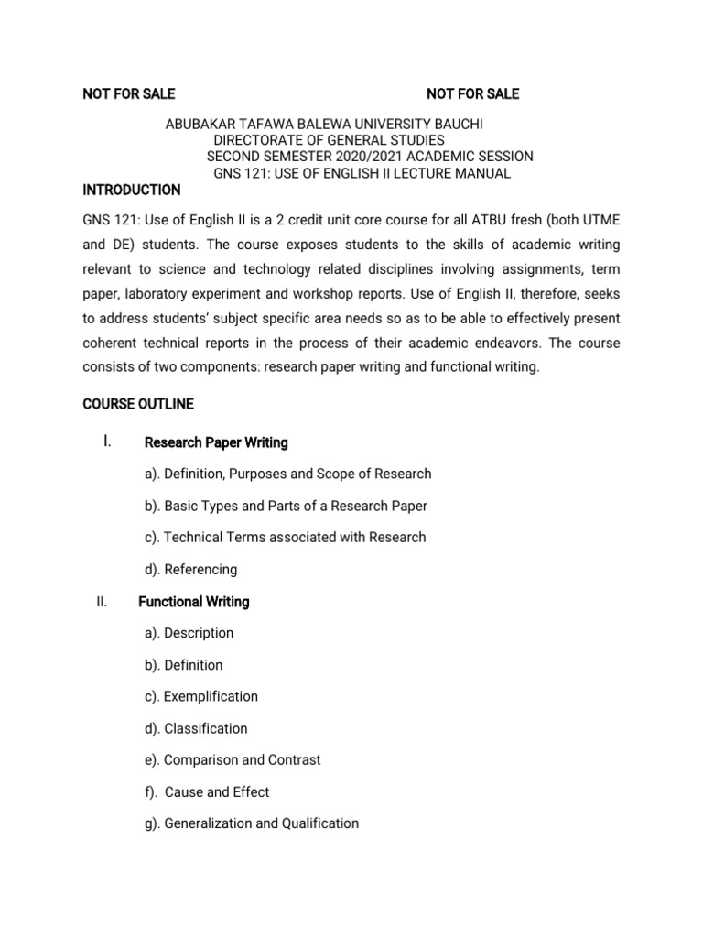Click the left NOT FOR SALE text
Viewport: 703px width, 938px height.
[129, 93]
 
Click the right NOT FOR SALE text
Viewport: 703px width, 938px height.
[472, 93]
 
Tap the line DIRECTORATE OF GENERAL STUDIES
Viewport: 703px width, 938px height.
[329, 140]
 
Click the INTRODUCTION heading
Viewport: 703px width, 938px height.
[132, 190]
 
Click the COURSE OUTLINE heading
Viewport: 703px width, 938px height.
[138, 404]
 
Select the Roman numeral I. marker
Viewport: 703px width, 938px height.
[108, 442]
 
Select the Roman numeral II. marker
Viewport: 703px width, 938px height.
[102, 602]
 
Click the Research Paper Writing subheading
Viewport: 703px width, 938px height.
[216, 442]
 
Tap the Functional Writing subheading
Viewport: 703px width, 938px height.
[193, 602]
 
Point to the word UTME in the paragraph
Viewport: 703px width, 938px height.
[600, 220]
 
